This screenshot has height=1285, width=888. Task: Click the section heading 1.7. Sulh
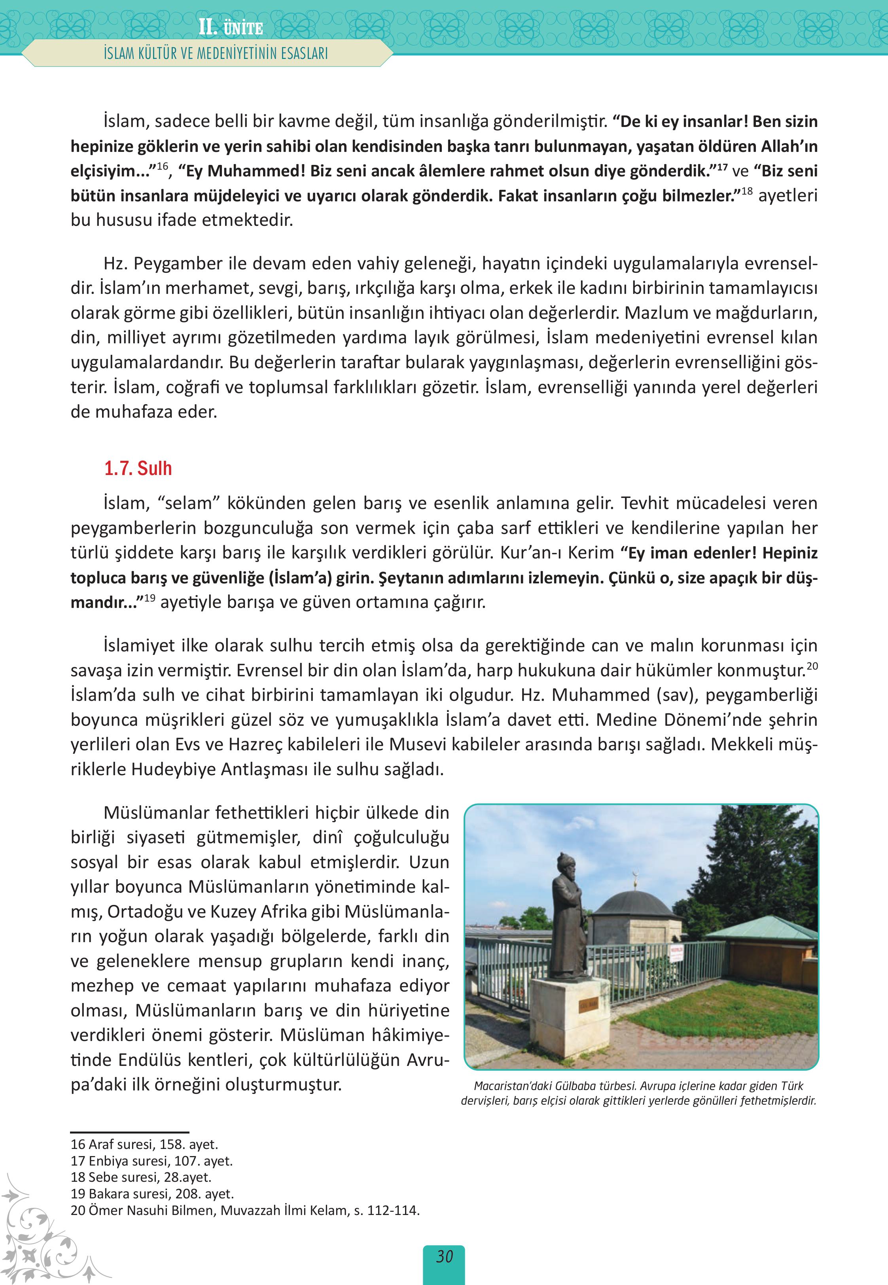coord(138,468)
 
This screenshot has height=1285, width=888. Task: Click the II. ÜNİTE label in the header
coord(230,28)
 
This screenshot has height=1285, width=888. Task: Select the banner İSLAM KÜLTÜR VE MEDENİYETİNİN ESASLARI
coord(216,53)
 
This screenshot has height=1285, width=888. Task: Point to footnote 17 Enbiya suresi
coord(151,1161)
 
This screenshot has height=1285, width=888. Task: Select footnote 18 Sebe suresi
coord(141,1177)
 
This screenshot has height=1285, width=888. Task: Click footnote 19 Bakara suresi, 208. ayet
coord(152,1194)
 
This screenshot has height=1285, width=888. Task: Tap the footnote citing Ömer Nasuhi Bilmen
coord(245,1210)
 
